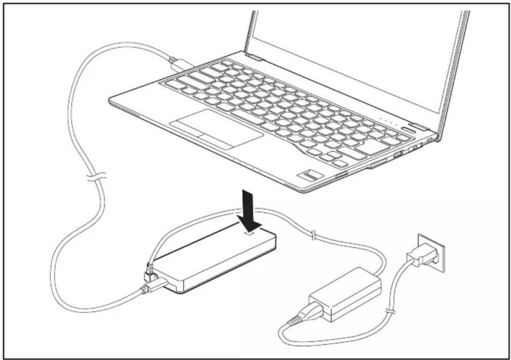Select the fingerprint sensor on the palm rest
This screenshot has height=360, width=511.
coord(310,176)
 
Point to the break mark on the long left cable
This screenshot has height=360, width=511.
coord(96,177)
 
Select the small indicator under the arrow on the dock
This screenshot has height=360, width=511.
coord(250,232)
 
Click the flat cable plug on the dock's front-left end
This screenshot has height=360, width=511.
coord(154,287)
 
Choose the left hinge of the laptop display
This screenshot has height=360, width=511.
coord(254,58)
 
